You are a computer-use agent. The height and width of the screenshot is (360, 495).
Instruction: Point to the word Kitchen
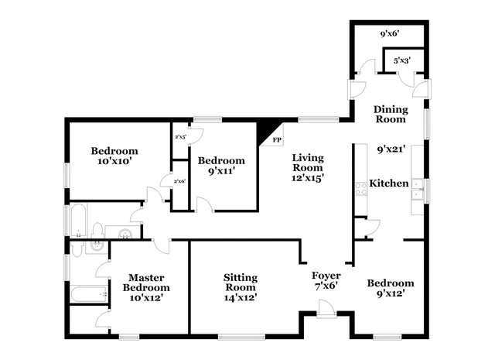[388, 183]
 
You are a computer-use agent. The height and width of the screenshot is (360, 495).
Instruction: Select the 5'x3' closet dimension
[401, 60]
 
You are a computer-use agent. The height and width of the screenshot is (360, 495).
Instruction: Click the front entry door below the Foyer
[326, 311]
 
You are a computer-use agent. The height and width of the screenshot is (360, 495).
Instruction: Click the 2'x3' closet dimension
[179, 137]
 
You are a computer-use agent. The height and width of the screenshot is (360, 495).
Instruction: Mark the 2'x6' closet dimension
[179, 181]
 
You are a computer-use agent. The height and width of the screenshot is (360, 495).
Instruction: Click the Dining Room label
[390, 114]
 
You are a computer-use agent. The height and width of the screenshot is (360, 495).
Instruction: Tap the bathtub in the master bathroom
[87, 294]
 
